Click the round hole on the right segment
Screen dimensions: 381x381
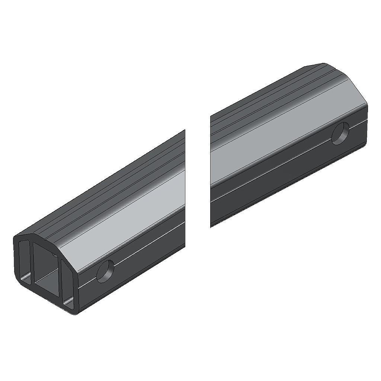[340, 134]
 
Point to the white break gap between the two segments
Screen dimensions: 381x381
[198, 179]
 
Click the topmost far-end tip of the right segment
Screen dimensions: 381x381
[323, 64]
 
